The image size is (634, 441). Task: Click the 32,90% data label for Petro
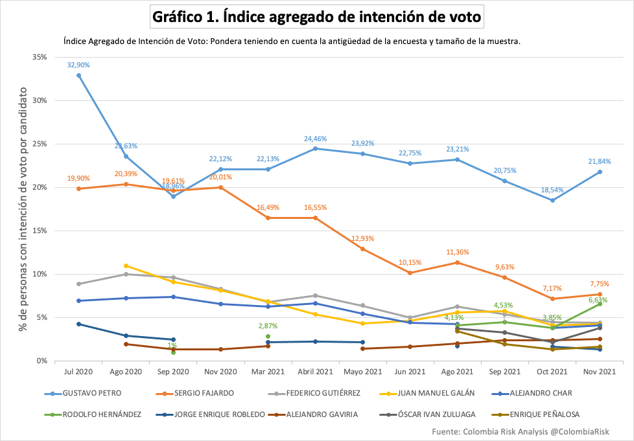(x=78, y=65)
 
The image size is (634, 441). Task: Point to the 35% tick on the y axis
(x=38, y=57)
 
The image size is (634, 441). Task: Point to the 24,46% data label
(x=315, y=139)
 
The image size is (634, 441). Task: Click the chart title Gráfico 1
(x=317, y=17)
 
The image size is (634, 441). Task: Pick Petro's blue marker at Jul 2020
(x=78, y=75)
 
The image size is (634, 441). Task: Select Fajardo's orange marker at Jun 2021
(x=410, y=273)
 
